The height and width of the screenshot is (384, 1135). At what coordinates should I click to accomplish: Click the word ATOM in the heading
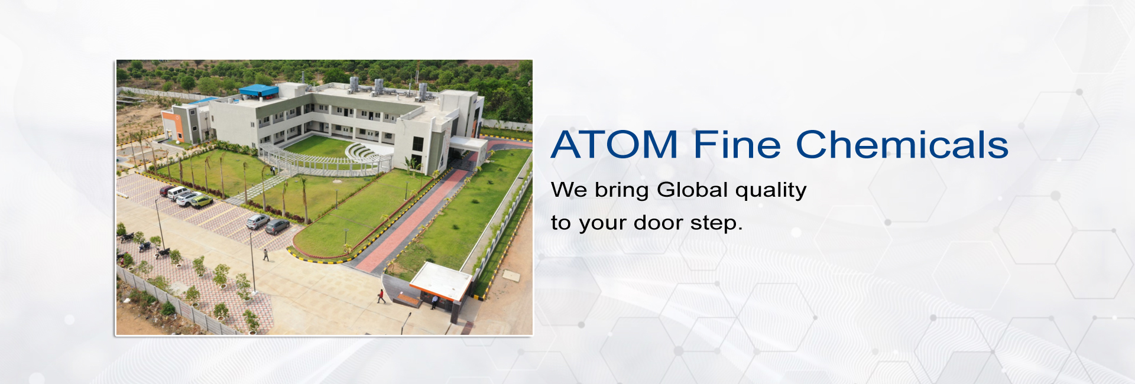(x=615, y=145)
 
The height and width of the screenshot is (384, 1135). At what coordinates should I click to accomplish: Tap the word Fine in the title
(x=737, y=145)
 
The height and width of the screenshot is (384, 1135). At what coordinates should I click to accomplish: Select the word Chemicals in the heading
(x=902, y=145)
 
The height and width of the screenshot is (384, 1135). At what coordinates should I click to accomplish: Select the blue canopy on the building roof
(x=258, y=90)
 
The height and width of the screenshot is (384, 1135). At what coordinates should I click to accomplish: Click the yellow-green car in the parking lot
(x=201, y=201)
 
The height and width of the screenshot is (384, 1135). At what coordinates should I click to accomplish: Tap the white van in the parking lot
(x=177, y=193)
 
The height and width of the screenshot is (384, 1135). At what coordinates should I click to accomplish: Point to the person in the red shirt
(x=381, y=296)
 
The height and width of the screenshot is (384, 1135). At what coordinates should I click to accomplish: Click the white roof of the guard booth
(x=441, y=280)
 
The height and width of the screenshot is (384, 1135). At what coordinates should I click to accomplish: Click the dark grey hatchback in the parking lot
(x=277, y=226)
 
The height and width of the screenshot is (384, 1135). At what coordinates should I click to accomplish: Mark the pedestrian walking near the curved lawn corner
(x=266, y=255)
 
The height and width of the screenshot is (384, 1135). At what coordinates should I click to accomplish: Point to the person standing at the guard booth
(x=434, y=302)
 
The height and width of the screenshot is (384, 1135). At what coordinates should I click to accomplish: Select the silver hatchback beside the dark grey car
(x=258, y=221)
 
